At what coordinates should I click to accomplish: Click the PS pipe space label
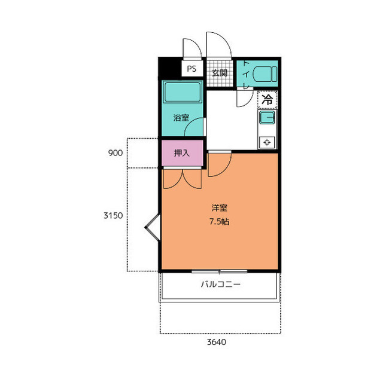(x=191, y=69)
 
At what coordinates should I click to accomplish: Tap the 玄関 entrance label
(x=220, y=72)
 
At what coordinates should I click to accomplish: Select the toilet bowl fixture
(x=265, y=74)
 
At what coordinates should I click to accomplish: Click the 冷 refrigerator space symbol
(x=268, y=99)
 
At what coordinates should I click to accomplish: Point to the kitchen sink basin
(x=267, y=118)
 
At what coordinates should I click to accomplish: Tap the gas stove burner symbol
(x=267, y=142)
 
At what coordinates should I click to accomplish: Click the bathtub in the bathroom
(x=183, y=93)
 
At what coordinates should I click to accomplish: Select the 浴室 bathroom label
(x=181, y=118)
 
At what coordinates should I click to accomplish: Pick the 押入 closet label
(x=182, y=153)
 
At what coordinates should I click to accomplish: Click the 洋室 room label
(x=220, y=208)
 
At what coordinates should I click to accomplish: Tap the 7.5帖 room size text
(x=219, y=222)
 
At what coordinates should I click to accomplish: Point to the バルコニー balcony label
(x=220, y=284)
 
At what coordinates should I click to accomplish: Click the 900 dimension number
(x=115, y=153)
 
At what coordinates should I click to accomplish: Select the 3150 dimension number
(x=113, y=215)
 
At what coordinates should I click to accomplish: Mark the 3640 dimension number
(x=217, y=342)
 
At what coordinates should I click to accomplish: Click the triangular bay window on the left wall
(x=153, y=227)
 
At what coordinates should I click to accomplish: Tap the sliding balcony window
(x=220, y=271)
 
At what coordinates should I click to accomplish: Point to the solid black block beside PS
(x=170, y=68)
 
